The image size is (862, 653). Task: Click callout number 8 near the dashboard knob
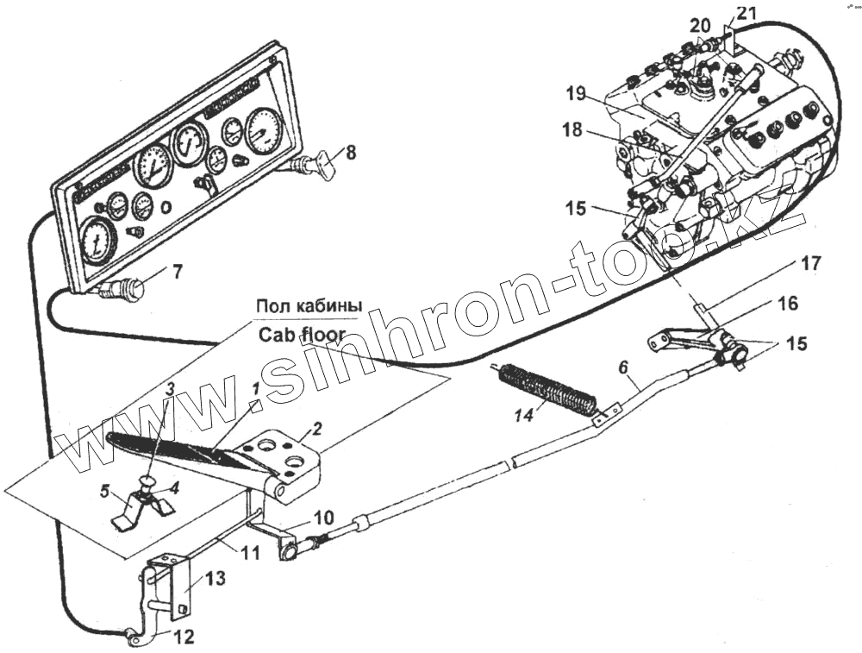click(x=351, y=154)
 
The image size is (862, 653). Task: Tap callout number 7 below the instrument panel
click(x=177, y=273)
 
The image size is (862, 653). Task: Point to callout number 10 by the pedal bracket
click(x=322, y=518)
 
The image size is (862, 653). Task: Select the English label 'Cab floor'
click(x=301, y=335)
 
